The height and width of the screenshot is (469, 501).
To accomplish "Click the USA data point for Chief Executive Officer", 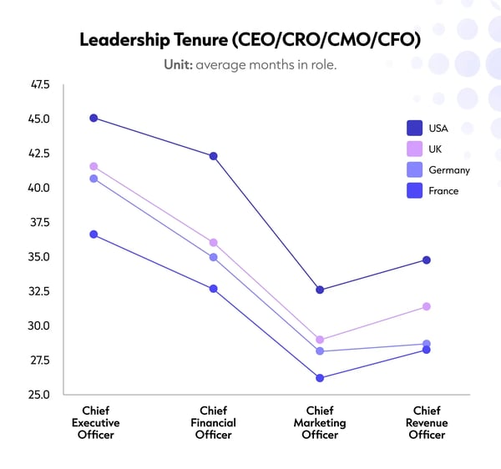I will tap(94, 118).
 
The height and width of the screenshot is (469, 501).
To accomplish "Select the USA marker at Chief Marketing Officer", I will tap(320, 290).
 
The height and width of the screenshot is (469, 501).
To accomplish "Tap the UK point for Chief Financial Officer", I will tap(213, 242).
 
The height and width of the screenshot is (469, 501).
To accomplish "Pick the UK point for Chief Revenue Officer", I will tap(427, 306).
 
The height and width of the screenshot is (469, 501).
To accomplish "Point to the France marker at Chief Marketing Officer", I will tap(320, 378).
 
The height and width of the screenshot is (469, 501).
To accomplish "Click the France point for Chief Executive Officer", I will tap(94, 234).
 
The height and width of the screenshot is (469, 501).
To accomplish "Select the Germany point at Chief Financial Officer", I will tap(213, 257).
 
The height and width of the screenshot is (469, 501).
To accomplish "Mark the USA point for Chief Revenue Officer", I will tap(427, 260).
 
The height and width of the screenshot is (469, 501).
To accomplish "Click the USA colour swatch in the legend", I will tap(414, 128).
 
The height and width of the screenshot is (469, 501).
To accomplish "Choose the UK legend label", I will tap(435, 149).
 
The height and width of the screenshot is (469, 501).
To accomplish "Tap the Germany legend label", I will tap(449, 170).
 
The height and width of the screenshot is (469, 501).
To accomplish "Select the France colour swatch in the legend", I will tap(414, 191).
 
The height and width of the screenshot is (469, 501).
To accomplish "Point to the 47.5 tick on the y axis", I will tap(39, 84).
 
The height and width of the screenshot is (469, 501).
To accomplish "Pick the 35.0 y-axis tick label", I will tap(39, 257).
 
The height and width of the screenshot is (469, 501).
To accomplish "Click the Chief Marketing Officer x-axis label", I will tap(320, 422).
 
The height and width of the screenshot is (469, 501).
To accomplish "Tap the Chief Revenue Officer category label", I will tap(427, 422).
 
